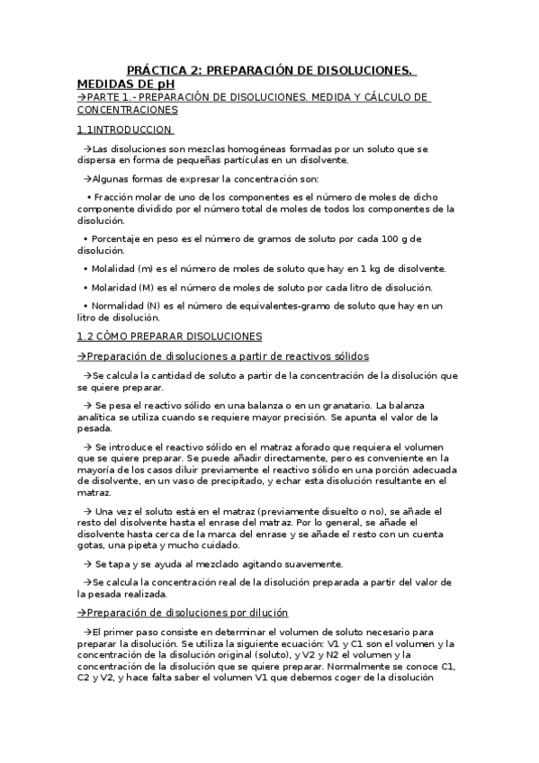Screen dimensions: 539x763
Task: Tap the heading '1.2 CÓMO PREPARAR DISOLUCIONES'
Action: pyautogui.click(x=169, y=337)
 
